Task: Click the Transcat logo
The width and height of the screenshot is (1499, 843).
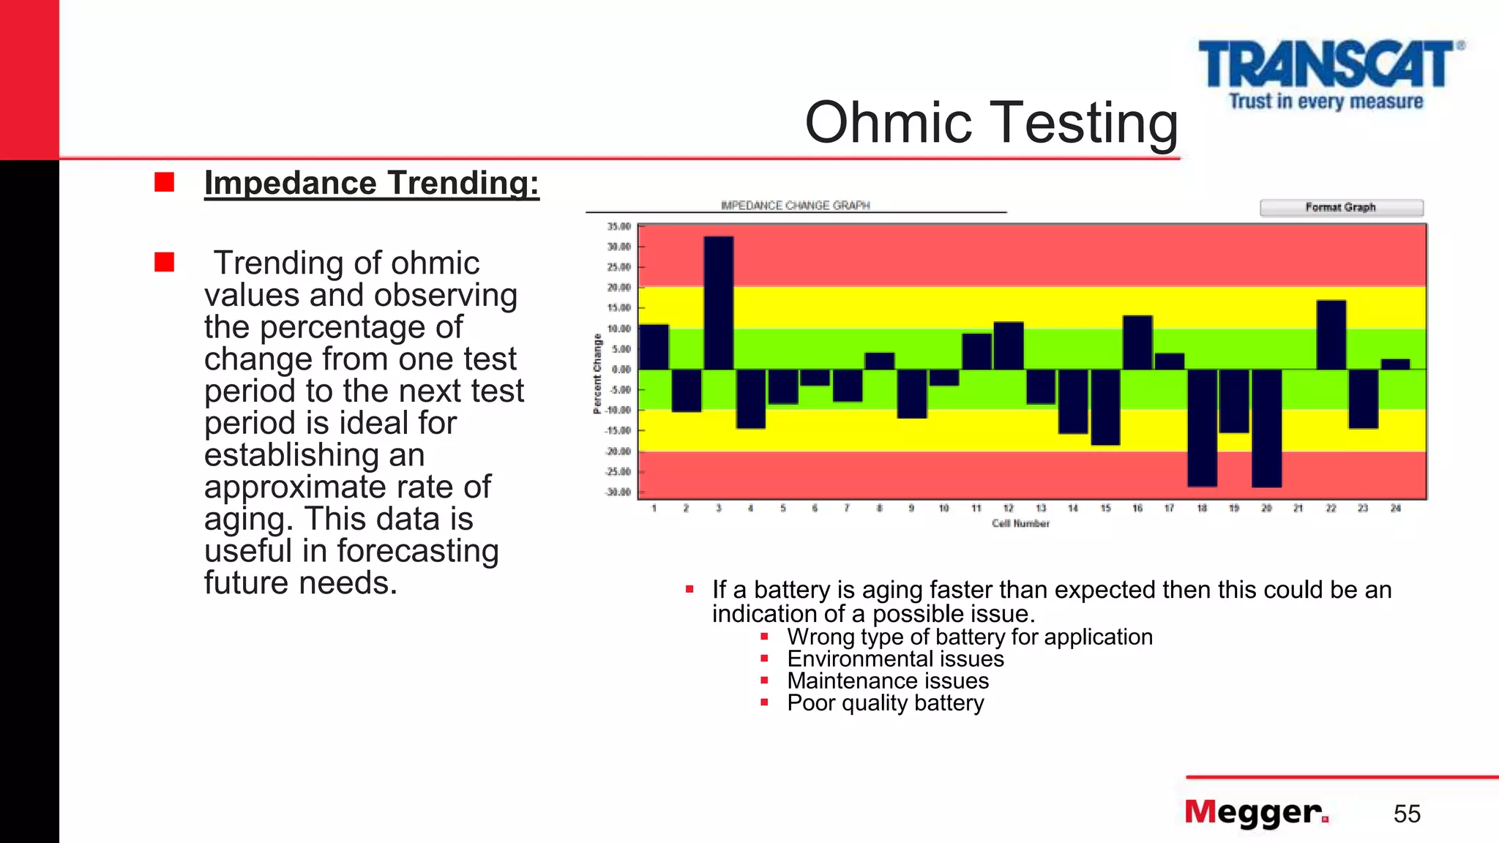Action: click(x=1329, y=74)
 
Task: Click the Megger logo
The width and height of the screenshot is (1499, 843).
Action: click(x=1256, y=813)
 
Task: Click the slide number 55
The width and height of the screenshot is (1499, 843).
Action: click(x=1407, y=814)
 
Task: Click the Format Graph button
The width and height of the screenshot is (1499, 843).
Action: click(x=1341, y=208)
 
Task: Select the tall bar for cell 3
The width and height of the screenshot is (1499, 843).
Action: click(x=718, y=303)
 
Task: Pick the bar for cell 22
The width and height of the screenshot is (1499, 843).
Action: click(x=1331, y=335)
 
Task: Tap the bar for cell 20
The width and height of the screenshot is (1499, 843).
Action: click(x=1266, y=428)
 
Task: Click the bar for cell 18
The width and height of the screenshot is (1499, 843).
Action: click(x=1202, y=427)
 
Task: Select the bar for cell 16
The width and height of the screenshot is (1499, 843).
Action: click(x=1137, y=342)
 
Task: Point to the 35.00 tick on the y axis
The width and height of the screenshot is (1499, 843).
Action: click(x=619, y=227)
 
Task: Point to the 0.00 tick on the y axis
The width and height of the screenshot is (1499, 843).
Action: click(x=621, y=370)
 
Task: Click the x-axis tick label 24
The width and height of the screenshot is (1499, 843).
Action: click(x=1395, y=508)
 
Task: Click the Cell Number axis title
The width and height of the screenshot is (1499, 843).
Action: click(x=1020, y=523)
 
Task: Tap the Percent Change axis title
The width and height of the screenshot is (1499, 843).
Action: click(x=597, y=373)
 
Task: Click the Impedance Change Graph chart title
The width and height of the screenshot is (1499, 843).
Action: click(x=795, y=206)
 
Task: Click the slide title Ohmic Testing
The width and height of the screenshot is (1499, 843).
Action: click(x=991, y=122)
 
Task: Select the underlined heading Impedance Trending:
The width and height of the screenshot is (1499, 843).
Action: click(x=371, y=183)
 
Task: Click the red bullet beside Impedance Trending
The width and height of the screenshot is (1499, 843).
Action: click(x=165, y=182)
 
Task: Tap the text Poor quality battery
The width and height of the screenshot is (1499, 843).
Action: click(x=885, y=703)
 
